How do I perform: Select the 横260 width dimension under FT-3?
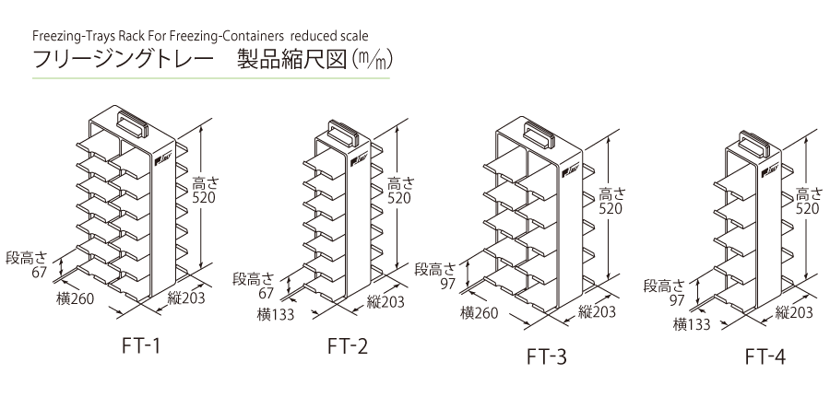point(480,313)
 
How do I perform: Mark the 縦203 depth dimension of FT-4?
point(794,312)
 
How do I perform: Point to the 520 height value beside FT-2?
point(398,197)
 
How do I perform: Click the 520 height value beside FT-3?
point(610,208)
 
